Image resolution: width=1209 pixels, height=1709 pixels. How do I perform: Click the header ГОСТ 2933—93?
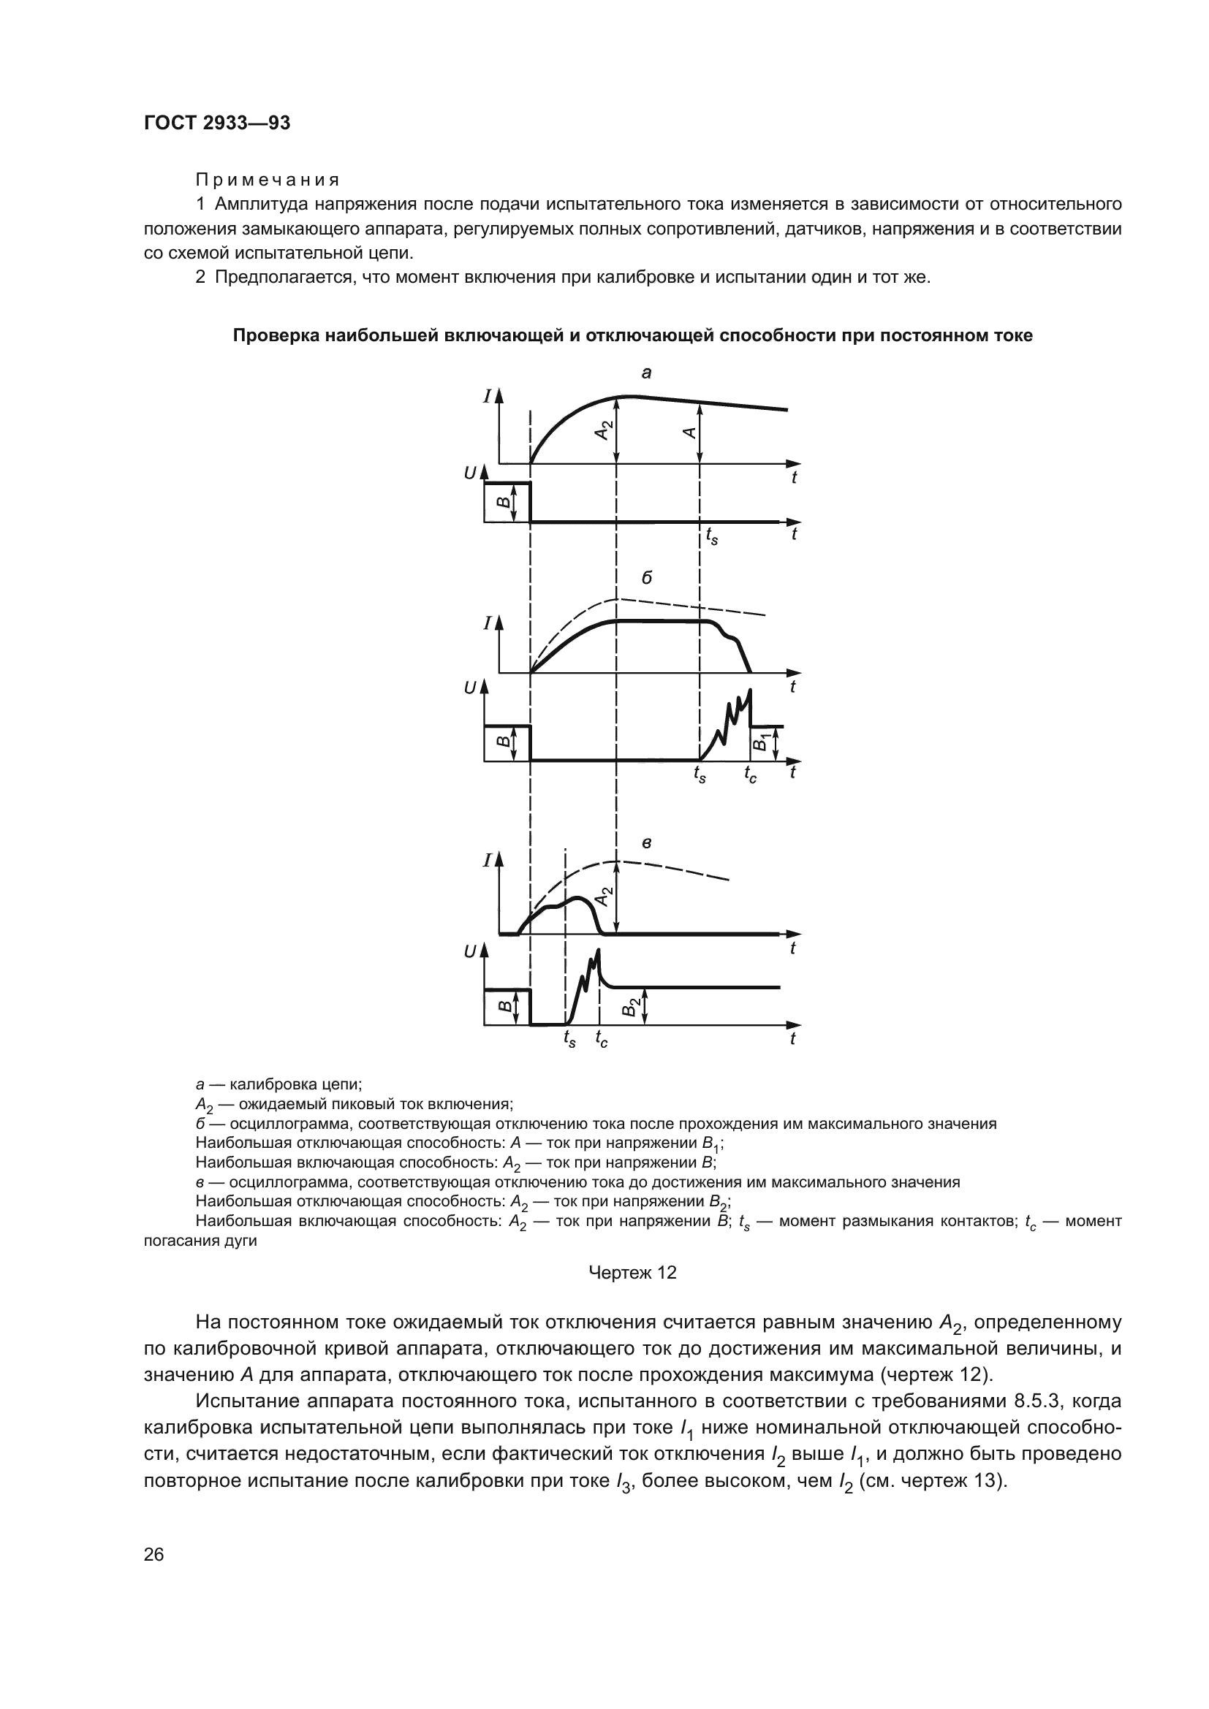[216, 123]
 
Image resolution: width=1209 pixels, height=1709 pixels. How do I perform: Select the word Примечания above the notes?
[268, 180]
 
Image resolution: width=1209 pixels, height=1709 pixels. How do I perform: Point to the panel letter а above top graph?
[646, 372]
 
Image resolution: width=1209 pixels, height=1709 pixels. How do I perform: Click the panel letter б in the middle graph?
[646, 578]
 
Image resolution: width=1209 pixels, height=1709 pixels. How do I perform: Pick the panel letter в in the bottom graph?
[646, 843]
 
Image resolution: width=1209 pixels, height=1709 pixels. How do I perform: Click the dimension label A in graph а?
[690, 433]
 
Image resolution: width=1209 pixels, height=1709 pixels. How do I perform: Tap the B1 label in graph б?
[762, 742]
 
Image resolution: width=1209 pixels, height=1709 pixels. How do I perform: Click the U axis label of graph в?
[470, 951]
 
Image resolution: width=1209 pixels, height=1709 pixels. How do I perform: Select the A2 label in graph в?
[606, 897]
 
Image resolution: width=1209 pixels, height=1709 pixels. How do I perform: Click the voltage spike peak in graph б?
[750, 690]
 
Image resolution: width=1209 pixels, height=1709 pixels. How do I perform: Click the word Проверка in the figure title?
[275, 335]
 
